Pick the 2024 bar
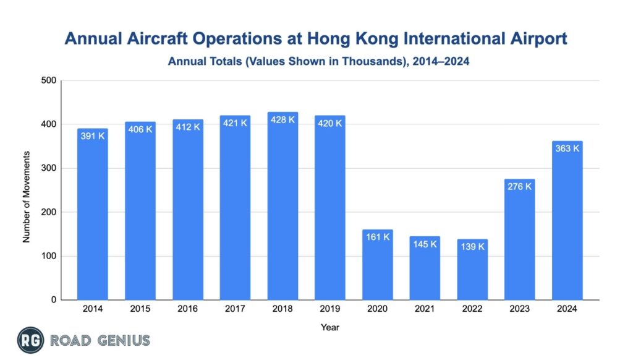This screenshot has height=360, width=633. tap(567, 220)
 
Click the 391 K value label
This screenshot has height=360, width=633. tap(92, 135)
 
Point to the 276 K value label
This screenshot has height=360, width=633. tap(519, 186)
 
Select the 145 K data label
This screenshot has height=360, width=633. tap(425, 244)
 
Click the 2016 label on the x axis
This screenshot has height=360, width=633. tap(187, 309)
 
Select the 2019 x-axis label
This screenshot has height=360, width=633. tap(329, 309)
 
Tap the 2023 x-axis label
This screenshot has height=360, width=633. tap(519, 309)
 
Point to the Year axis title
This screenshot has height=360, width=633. tap(330, 327)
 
